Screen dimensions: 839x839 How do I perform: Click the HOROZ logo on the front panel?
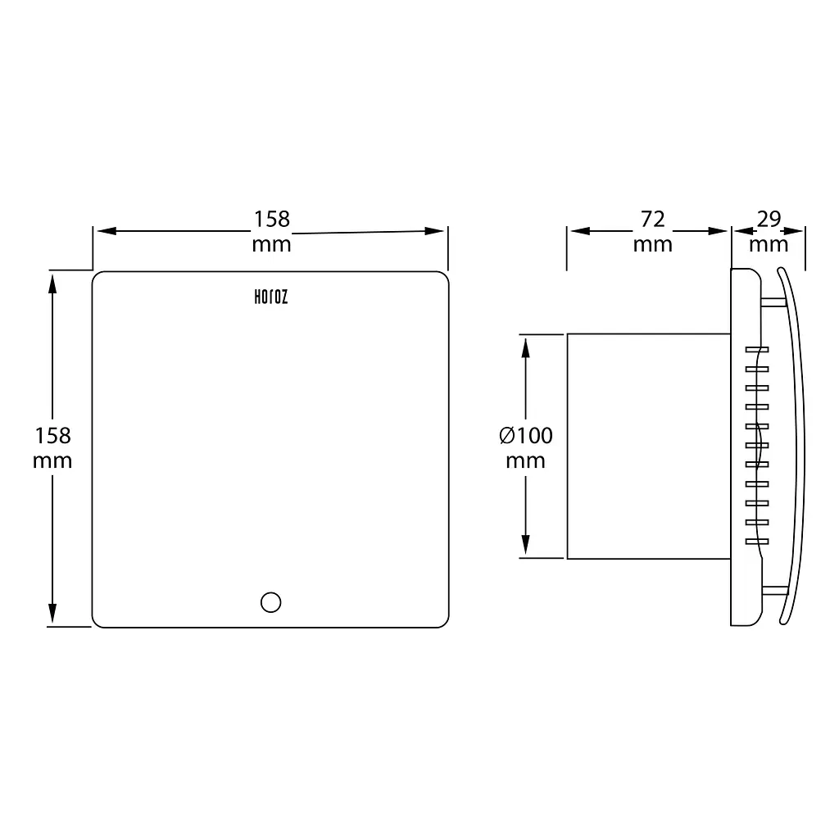point(270,297)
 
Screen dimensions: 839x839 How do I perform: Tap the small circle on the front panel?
point(270,602)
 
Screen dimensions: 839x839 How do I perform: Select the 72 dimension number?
point(652,220)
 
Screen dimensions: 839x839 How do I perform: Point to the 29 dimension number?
point(769,219)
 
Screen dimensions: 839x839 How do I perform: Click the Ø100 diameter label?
point(525,436)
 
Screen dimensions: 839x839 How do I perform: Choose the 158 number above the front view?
point(271,219)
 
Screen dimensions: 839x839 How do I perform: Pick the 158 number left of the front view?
point(52,436)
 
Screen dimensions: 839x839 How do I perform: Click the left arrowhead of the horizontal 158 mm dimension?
point(107,231)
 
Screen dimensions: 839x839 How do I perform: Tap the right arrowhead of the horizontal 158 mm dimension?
point(434,231)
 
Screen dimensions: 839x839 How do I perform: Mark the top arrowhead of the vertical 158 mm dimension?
point(52,283)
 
